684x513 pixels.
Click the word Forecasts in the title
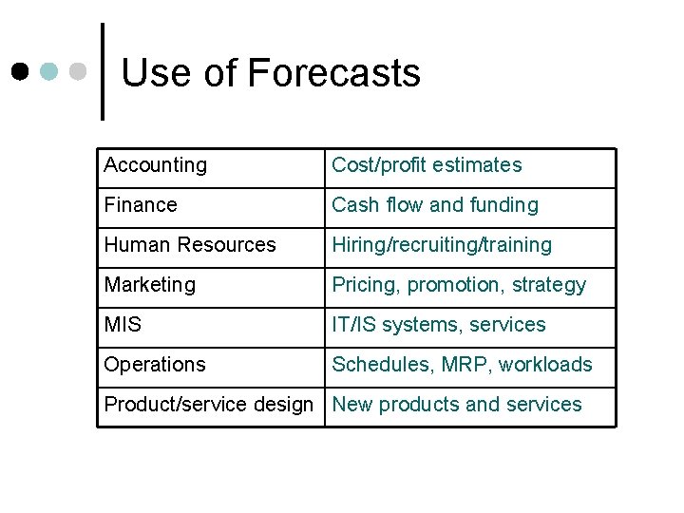(332, 73)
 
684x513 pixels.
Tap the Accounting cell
(155, 165)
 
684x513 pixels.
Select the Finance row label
(141, 205)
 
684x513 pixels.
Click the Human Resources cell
(189, 245)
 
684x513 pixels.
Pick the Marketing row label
(149, 285)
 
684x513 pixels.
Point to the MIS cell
(123, 325)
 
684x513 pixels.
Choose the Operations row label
(154, 365)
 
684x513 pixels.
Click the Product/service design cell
(208, 405)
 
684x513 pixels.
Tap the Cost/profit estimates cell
(427, 165)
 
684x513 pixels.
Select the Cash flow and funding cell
(434, 205)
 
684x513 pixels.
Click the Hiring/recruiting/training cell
(441, 245)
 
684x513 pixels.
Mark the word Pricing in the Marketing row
(363, 285)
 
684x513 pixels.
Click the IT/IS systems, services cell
(438, 325)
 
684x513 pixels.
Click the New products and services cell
(456, 405)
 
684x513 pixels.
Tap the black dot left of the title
(20, 71)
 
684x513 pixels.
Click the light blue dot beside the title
(49, 71)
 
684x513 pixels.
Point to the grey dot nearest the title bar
(79, 71)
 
